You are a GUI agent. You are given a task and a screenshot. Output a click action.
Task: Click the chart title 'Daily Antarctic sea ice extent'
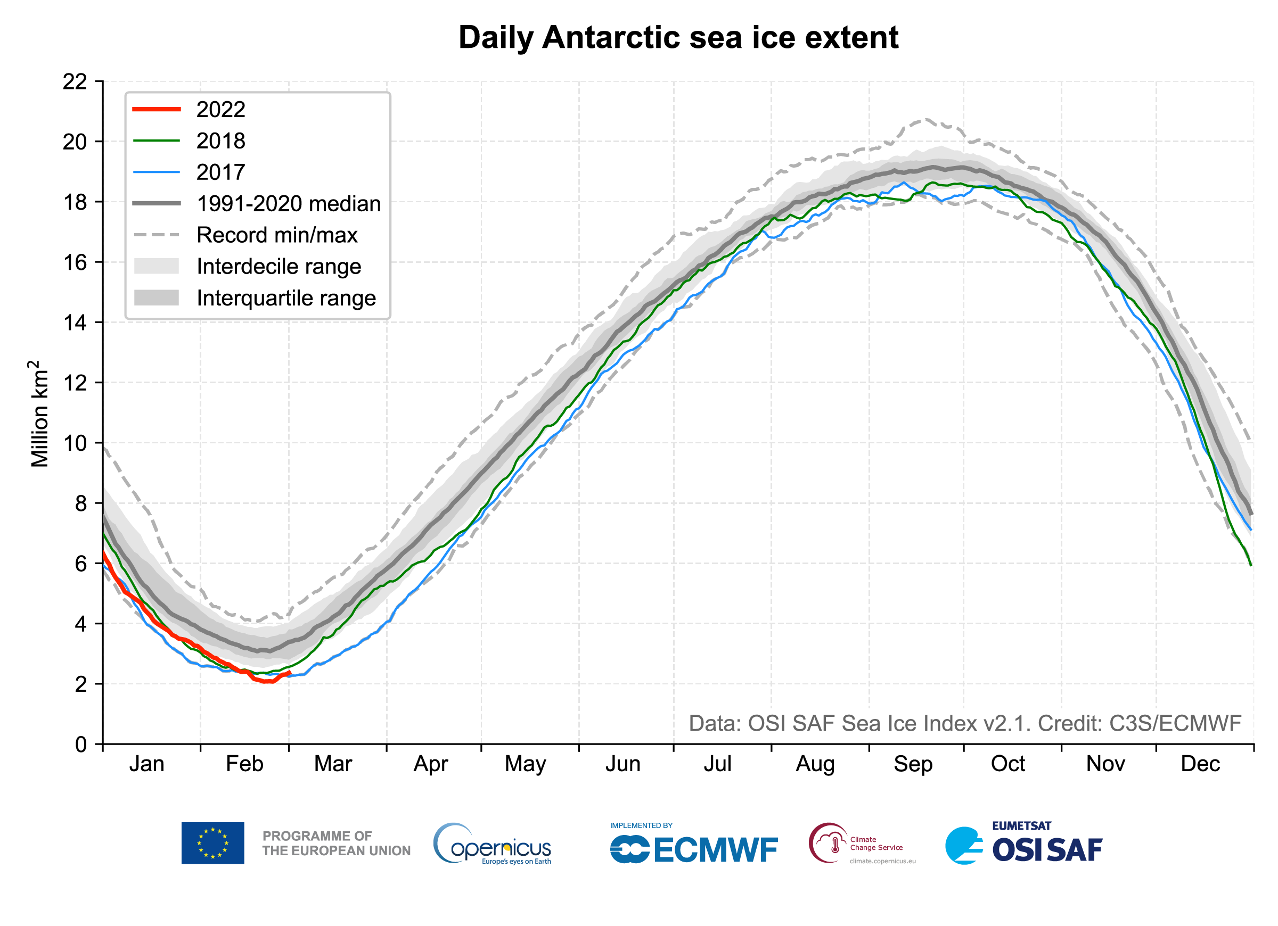click(678, 38)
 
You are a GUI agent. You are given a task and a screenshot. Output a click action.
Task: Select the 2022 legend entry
click(220, 109)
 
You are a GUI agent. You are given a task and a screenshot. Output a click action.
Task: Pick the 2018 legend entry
click(220, 141)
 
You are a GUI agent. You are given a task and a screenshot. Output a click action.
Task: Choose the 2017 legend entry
click(220, 172)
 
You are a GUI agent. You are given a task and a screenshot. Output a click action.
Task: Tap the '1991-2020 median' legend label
click(288, 204)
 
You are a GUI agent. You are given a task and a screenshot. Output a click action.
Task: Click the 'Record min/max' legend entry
click(277, 235)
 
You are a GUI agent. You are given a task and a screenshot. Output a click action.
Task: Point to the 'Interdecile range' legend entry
click(278, 267)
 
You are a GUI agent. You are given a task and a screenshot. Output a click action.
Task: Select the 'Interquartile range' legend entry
click(286, 298)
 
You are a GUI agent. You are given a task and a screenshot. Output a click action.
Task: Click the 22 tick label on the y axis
click(75, 82)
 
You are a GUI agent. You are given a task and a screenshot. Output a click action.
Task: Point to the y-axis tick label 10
click(75, 443)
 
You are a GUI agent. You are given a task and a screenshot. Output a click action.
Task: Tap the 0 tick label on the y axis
click(81, 745)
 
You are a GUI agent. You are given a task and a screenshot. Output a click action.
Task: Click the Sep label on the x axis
click(913, 764)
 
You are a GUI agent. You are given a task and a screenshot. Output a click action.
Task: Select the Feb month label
click(244, 764)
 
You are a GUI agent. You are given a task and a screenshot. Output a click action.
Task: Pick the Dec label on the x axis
click(1200, 764)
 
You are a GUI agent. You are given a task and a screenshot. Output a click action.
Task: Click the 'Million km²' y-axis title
click(39, 414)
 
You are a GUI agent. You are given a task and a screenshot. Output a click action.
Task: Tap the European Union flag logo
click(212, 842)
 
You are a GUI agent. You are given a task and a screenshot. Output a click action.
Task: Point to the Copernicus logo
click(492, 844)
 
